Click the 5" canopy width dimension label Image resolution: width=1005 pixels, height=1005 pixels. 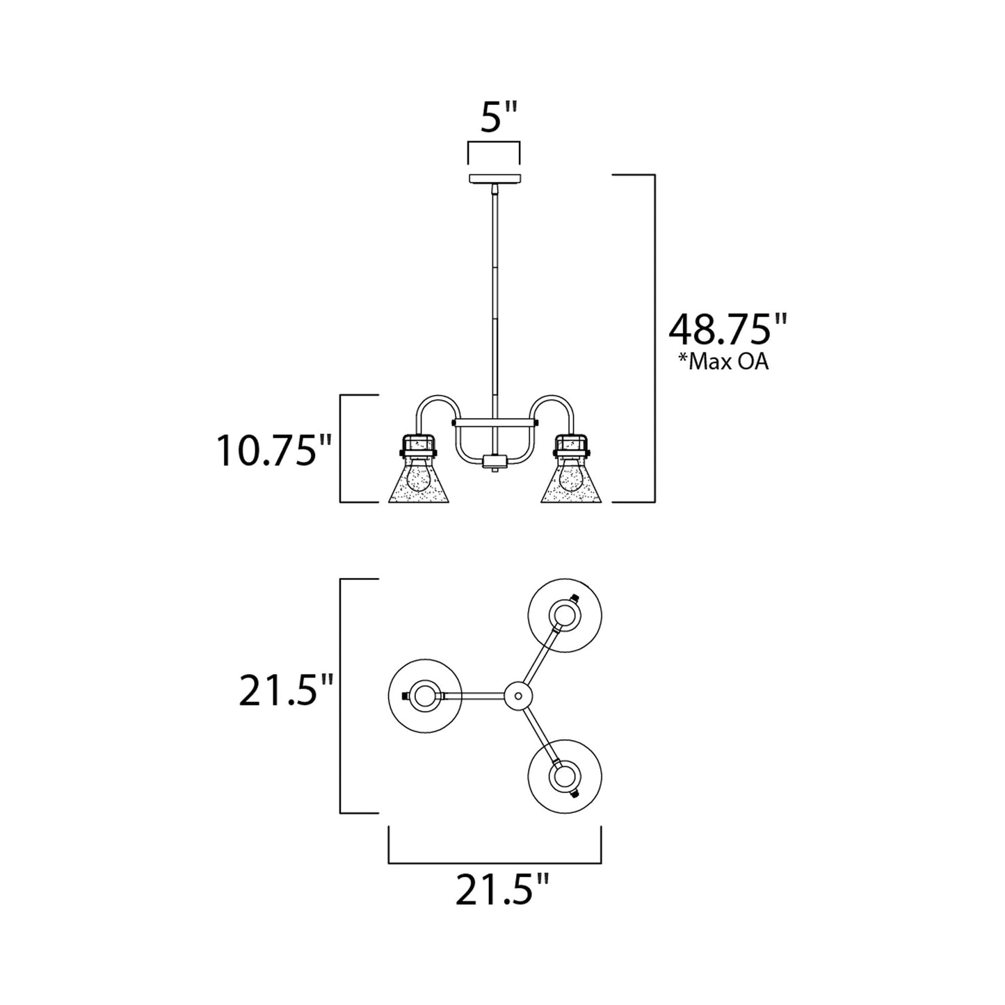[499, 119]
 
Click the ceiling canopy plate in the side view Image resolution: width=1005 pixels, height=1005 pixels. [494, 179]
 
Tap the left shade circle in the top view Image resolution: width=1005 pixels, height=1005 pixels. [423, 696]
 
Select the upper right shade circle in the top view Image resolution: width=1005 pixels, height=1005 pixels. [565, 614]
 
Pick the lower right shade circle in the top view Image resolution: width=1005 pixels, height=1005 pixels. [565, 778]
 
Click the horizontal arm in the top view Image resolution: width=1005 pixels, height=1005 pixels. [473, 696]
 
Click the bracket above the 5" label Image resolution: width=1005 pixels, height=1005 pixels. [494, 151]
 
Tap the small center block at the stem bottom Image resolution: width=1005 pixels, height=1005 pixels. [494, 460]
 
